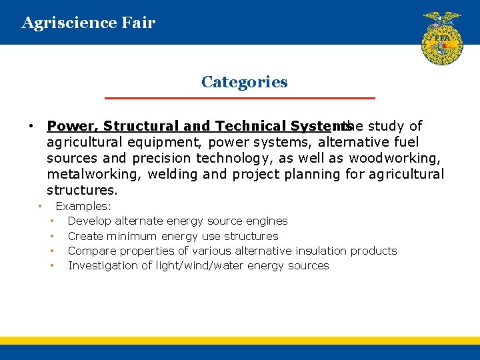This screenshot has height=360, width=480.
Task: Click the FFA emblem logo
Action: pos(441,38)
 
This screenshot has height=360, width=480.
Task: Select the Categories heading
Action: pos(244,82)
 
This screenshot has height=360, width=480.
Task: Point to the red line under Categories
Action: pos(240,99)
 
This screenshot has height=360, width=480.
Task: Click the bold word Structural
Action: pos(135,126)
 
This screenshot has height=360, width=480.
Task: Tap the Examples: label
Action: pos(83,207)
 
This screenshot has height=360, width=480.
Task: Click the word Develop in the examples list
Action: pos(89,221)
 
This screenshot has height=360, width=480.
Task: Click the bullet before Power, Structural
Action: pos(31,126)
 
